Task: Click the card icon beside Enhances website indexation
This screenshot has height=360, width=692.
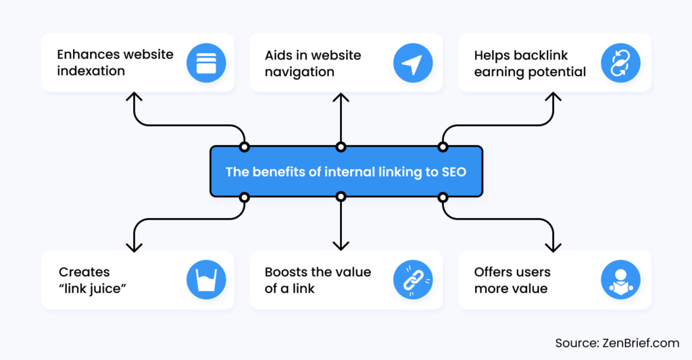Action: click(x=206, y=63)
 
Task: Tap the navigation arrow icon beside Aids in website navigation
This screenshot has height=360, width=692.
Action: click(x=412, y=63)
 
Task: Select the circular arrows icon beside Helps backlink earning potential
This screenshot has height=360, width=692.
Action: click(x=620, y=63)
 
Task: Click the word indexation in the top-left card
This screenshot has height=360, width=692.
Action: click(x=91, y=71)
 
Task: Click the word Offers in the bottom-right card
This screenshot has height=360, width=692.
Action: click(x=493, y=272)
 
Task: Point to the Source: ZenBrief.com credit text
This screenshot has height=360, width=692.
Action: click(x=617, y=343)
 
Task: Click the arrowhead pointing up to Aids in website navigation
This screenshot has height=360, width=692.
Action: click(x=341, y=97)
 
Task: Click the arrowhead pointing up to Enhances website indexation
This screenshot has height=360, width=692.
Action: click(x=134, y=97)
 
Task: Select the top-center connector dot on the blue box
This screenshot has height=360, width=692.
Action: click(x=341, y=147)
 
